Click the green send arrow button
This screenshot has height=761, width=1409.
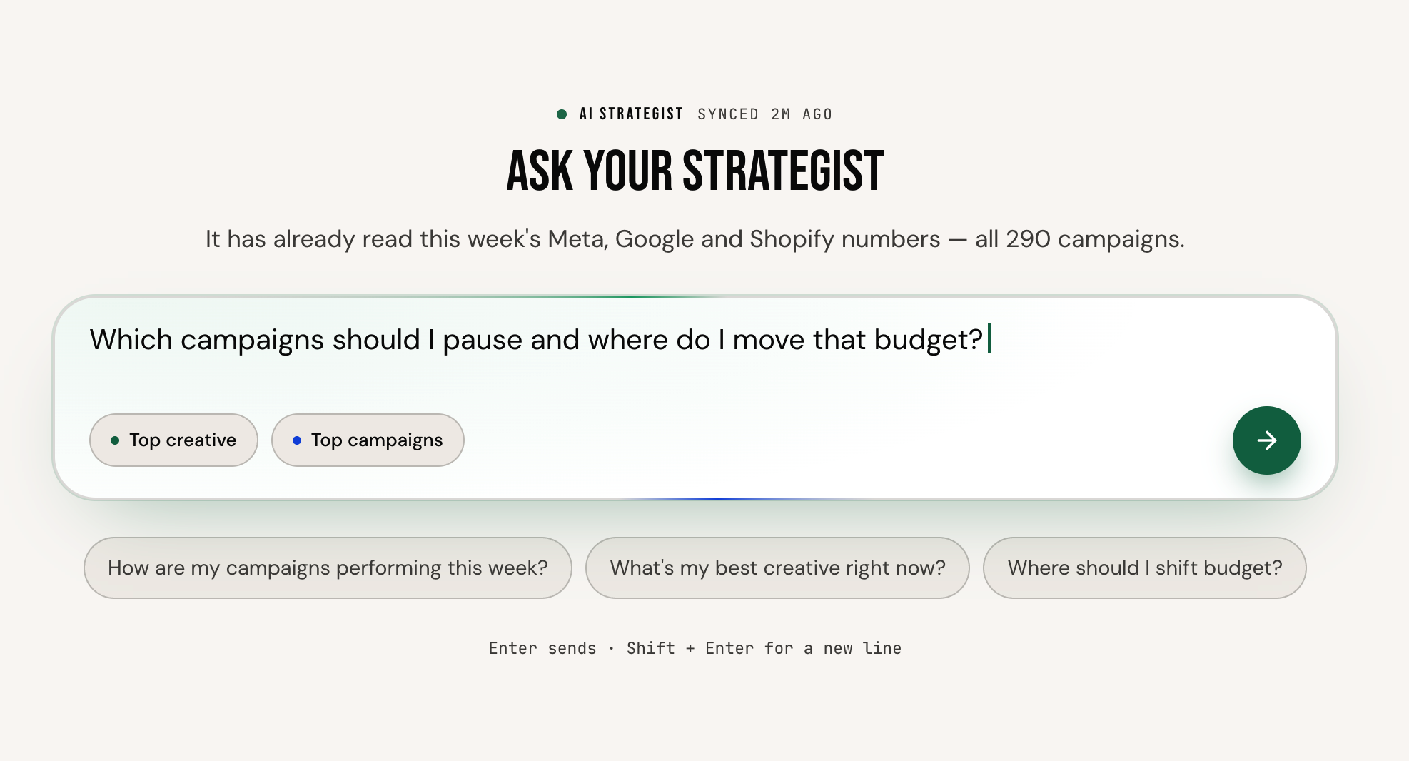(1266, 440)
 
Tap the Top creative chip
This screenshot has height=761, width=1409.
(173, 440)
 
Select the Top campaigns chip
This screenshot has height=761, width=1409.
(368, 440)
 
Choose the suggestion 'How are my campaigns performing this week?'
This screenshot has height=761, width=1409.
(328, 568)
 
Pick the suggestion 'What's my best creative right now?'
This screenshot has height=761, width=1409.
(777, 568)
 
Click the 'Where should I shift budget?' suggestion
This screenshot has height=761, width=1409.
(1145, 568)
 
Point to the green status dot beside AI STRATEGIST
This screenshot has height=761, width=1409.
(562, 114)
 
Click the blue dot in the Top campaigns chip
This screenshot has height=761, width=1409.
(297, 440)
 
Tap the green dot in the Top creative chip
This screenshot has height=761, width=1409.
(115, 440)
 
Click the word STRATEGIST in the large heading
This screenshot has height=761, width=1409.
(783, 171)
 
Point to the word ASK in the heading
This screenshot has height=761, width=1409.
(540, 171)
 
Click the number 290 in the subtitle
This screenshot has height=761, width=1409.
(1028, 239)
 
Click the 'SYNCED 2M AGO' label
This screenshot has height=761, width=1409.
(765, 114)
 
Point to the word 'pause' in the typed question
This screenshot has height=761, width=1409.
(483, 341)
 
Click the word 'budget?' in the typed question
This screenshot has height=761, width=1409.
(929, 340)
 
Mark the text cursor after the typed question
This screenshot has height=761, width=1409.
(989, 339)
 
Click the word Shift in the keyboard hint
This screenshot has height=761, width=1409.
(651, 648)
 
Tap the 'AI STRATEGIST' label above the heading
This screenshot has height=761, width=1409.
(631, 114)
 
